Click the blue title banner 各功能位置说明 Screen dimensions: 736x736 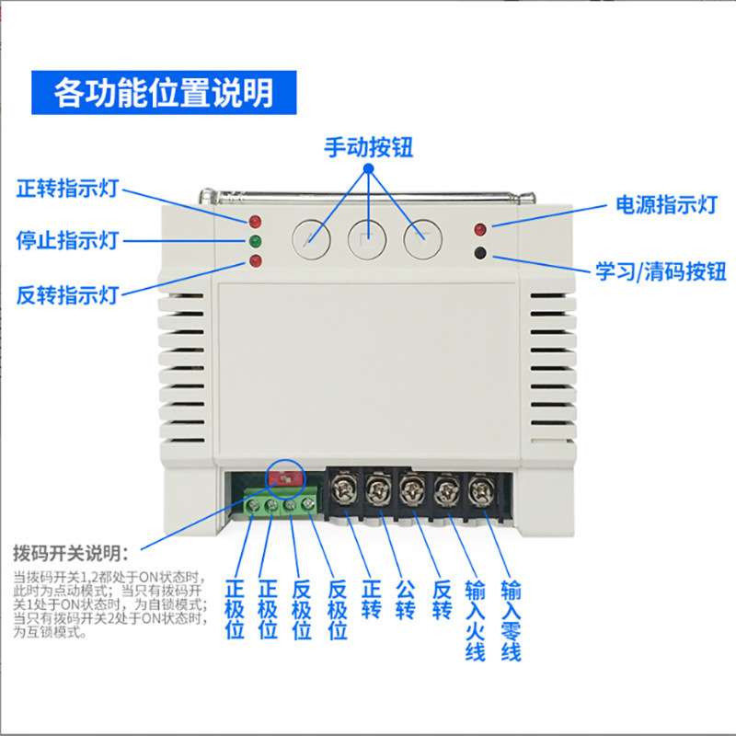(x=164, y=93)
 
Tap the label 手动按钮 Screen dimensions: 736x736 (x=369, y=147)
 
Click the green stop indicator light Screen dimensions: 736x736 (x=255, y=241)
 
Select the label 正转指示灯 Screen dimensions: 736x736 (x=66, y=189)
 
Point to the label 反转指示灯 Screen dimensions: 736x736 (x=66, y=295)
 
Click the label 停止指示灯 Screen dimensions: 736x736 (x=66, y=240)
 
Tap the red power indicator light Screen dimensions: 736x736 (x=479, y=229)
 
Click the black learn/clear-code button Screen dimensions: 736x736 (x=480, y=254)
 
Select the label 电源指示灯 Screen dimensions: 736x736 (x=666, y=205)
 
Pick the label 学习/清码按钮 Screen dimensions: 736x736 (x=661, y=271)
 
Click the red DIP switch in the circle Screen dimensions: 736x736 (x=286, y=478)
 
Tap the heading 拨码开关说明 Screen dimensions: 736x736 (x=71, y=554)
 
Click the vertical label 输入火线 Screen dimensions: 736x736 (x=475, y=620)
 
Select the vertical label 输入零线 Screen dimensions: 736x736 (x=512, y=620)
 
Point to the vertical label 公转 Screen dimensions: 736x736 (x=405, y=601)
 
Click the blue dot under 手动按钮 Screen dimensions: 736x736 (x=369, y=168)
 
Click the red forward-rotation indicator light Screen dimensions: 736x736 (x=255, y=222)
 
